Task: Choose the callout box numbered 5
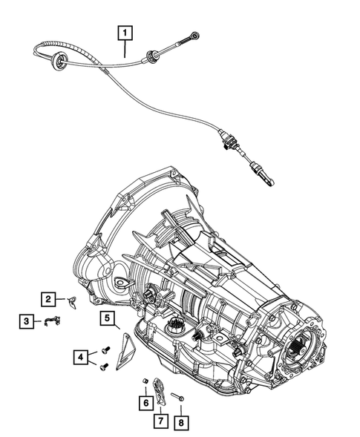click(x=108, y=320)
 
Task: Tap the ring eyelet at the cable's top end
click(x=195, y=34)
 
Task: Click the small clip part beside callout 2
click(x=72, y=300)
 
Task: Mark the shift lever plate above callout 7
click(x=160, y=390)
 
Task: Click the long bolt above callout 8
click(x=178, y=396)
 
